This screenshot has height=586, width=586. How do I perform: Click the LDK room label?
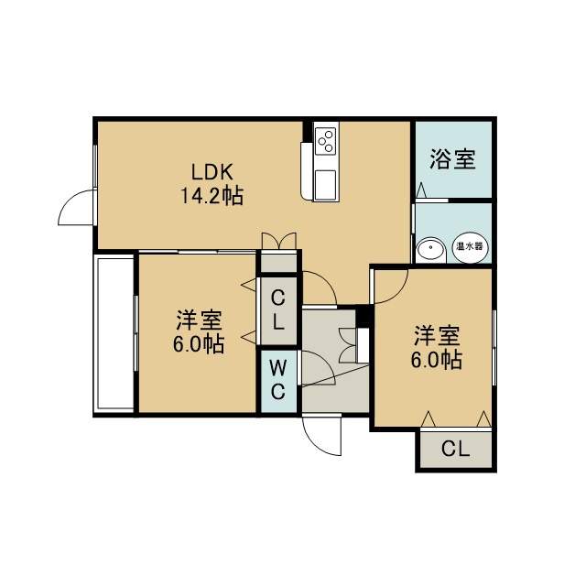[212, 172]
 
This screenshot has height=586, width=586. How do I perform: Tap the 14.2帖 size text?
[212, 195]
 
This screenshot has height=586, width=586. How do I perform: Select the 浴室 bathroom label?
[452, 158]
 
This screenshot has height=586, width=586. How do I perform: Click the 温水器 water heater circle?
[470, 247]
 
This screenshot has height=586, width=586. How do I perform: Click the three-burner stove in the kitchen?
[326, 140]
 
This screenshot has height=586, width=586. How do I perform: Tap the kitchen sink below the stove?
[325, 184]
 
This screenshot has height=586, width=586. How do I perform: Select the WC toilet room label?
[277, 381]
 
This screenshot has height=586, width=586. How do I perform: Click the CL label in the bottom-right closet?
[455, 449]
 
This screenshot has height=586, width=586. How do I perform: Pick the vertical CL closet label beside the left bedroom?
[277, 309]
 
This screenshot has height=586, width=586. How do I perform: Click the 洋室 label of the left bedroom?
[200, 320]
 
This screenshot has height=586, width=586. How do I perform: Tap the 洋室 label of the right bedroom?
[437, 336]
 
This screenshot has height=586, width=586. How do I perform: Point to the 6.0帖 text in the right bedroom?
[437, 359]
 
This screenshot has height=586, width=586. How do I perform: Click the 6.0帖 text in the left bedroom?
[199, 343]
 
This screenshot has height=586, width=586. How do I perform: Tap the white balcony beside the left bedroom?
[115, 333]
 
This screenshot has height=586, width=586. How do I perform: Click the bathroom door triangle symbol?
[421, 190]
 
